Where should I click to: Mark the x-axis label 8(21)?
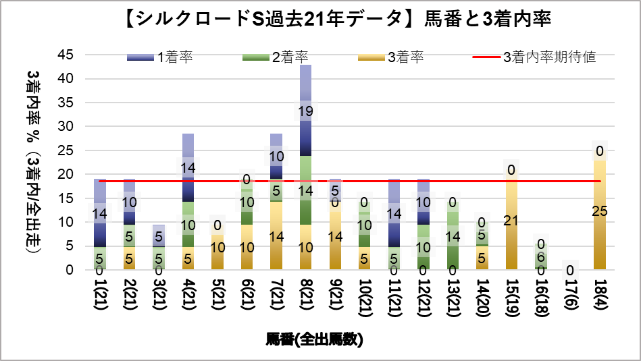pyautogui.click(x=306, y=296)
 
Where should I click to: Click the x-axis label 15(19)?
pyautogui.click(x=511, y=296)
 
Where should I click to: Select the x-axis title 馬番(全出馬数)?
pyautogui.click(x=315, y=340)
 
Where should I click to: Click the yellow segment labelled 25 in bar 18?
pyautogui.click(x=598, y=211)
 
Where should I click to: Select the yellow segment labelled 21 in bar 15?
pyautogui.click(x=511, y=221)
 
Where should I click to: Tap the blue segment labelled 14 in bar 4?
pyautogui.click(x=188, y=168)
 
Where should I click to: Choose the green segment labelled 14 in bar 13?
pyautogui.click(x=452, y=236)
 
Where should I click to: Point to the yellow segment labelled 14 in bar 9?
pyautogui.click(x=335, y=236)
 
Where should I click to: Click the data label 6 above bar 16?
pyautogui.click(x=540, y=257)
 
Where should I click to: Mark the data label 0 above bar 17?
pyautogui.click(x=569, y=270)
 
